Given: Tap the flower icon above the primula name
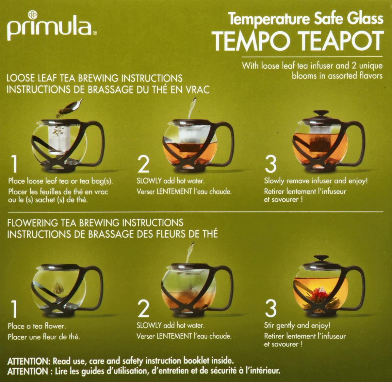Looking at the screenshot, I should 32,15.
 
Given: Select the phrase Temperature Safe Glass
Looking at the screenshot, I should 305,19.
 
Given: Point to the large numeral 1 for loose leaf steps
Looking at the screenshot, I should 14,164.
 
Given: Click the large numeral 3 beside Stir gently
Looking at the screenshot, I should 270,309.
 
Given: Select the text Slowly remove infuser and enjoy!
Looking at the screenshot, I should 316,181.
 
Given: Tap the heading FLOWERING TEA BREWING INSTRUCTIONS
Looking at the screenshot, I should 95,223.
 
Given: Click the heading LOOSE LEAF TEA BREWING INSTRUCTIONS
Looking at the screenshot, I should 94,78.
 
